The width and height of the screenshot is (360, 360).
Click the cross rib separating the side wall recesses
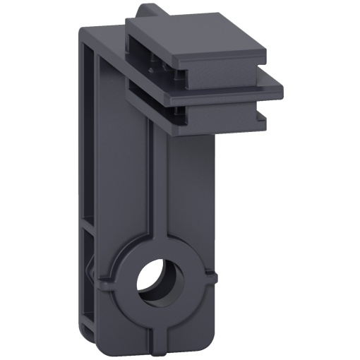point(88,223)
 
